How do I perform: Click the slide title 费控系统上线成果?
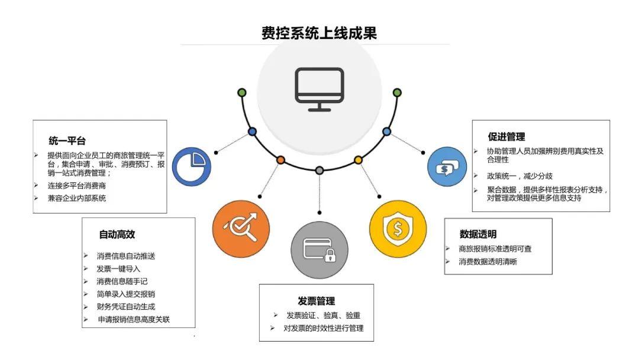click(x=319, y=33)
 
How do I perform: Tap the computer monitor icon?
click(x=319, y=89)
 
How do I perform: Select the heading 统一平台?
click(x=67, y=141)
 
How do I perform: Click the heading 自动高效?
click(x=117, y=234)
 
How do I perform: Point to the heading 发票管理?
click(x=316, y=301)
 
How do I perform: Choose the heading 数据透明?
click(x=478, y=234)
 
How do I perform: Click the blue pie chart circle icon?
click(x=192, y=167)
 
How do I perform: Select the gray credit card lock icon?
click(x=319, y=249)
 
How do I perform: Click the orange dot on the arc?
click(x=280, y=160)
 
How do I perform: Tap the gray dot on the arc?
click(x=319, y=171)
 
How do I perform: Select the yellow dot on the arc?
click(x=358, y=160)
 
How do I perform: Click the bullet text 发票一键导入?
click(x=118, y=268)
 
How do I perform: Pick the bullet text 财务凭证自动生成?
click(x=126, y=306)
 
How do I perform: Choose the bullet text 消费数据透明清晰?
click(x=488, y=262)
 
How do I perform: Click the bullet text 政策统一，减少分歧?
click(x=512, y=176)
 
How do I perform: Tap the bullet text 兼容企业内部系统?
click(x=77, y=198)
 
